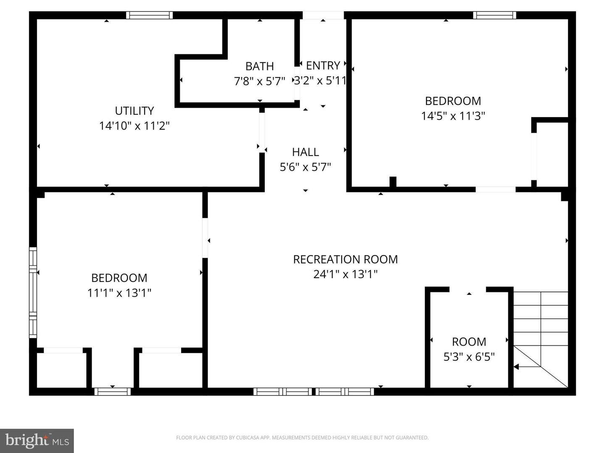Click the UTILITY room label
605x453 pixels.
pyautogui.click(x=134, y=111)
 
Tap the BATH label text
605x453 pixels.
pyautogui.click(x=259, y=66)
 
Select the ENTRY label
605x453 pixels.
pyautogui.click(x=323, y=65)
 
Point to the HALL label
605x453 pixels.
pyautogui.click(x=305, y=152)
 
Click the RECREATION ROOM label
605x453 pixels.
pyautogui.click(x=345, y=259)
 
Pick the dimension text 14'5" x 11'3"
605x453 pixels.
pyautogui.click(x=453, y=116)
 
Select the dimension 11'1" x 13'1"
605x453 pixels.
pyautogui.click(x=119, y=293)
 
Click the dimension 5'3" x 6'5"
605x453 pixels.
pyautogui.click(x=469, y=357)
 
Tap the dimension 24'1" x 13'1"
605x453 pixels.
pyautogui.click(x=345, y=274)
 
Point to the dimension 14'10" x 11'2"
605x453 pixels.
pyautogui.click(x=134, y=125)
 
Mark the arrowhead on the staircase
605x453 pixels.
pyautogui.click(x=516, y=367)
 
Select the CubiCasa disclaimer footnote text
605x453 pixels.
pyautogui.click(x=302, y=437)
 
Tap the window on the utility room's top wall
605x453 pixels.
pyautogui.click(x=149, y=16)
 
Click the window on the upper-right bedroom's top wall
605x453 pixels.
pyautogui.click(x=495, y=16)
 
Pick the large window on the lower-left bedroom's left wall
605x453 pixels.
pyautogui.click(x=33, y=292)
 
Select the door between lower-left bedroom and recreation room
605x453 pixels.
pyautogui.click(x=205, y=238)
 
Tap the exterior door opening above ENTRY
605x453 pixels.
pyautogui.click(x=323, y=15)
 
